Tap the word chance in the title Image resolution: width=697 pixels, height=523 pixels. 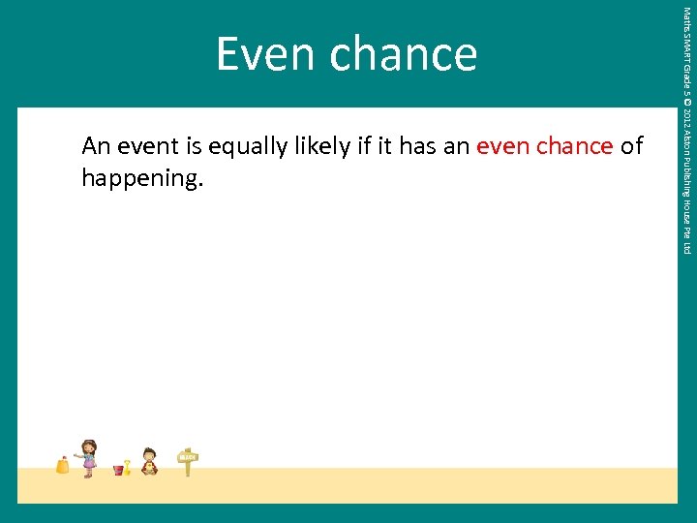tap(403, 54)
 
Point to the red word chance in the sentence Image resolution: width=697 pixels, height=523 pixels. tap(574, 147)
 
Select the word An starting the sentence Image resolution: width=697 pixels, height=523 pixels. tap(96, 147)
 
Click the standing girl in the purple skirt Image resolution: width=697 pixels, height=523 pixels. tap(88, 457)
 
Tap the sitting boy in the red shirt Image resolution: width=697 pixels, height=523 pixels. tap(149, 461)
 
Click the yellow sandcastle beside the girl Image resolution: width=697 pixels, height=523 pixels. tap(63, 465)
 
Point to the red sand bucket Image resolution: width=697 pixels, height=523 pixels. tap(118, 470)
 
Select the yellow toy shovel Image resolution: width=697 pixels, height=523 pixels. tap(127, 466)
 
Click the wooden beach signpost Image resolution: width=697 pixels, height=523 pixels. tap(188, 461)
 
